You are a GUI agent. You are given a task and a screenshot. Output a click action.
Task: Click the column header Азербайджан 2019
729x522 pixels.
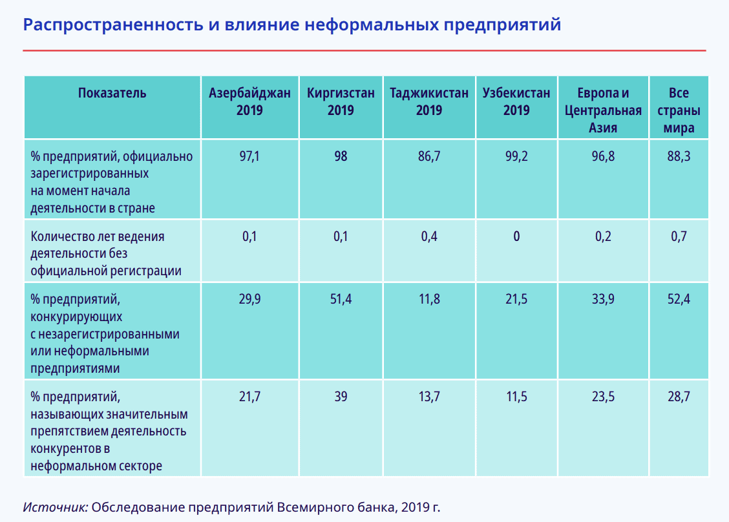click(249, 101)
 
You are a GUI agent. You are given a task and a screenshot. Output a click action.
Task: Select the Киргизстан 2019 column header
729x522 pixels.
click(341, 101)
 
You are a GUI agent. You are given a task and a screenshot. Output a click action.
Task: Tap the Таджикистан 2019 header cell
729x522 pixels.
click(429, 101)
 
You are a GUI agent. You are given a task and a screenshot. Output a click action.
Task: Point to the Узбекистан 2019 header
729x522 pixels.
click(516, 101)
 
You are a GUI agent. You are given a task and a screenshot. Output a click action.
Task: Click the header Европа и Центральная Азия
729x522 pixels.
click(602, 110)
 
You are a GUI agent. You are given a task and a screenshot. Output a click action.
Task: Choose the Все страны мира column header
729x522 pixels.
click(679, 110)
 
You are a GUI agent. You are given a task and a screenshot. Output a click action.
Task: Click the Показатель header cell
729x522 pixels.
click(112, 93)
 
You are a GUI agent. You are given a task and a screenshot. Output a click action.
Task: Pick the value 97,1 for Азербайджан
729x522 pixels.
click(249, 156)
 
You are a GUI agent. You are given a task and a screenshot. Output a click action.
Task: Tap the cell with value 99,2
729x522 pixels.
click(516, 156)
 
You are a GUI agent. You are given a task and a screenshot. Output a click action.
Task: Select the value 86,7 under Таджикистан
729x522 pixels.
click(429, 156)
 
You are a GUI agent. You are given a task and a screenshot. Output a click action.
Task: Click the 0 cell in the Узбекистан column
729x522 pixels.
click(516, 236)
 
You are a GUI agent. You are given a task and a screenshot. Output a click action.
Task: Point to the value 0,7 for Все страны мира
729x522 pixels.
click(679, 236)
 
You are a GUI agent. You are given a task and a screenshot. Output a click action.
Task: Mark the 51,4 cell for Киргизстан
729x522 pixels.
click(341, 300)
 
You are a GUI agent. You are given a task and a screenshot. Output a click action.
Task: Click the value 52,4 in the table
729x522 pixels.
click(679, 300)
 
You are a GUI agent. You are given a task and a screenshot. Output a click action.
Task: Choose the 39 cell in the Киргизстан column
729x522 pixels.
click(341, 397)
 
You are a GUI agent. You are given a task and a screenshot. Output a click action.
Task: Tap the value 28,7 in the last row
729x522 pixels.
click(679, 397)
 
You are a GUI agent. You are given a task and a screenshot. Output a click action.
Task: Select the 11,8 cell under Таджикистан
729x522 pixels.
click(429, 300)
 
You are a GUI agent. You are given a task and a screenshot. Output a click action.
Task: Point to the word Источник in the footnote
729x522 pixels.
click(56, 506)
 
